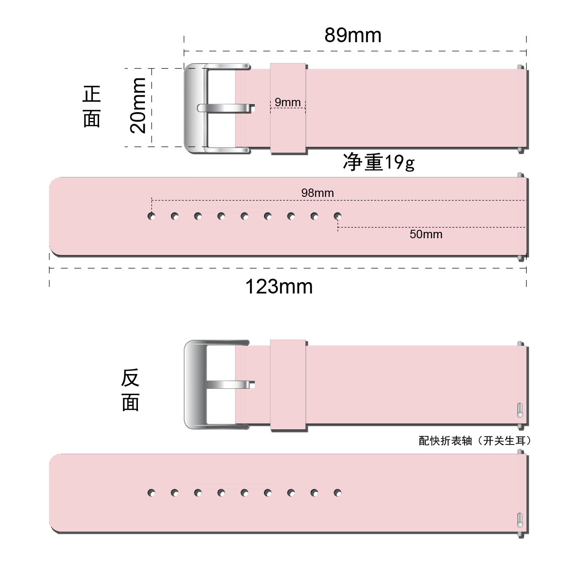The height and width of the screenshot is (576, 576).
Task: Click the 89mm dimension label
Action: pos(353,35)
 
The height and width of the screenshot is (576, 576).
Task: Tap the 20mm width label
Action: pos(138,105)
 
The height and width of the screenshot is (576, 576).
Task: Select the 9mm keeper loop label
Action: pos(288,102)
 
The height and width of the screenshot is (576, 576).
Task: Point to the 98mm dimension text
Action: pos(317,193)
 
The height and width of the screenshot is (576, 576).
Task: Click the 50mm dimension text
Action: pos(426,234)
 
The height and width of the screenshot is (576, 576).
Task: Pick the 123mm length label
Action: pos(279,287)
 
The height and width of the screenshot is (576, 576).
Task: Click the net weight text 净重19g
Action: pos(378,162)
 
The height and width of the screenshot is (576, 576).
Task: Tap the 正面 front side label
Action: pos(92,106)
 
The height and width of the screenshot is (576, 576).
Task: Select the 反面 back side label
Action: pos(130,390)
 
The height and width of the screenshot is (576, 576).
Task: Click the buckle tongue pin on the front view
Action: pos(226,108)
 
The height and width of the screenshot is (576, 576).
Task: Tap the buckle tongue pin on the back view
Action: pos(230,385)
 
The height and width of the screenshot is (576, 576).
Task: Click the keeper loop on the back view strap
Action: pos(288,385)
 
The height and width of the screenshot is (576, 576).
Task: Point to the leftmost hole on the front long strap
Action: pos(151,216)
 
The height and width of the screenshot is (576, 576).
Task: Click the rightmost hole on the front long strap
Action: pos(337,216)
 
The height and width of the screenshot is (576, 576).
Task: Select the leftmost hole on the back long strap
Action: pos(151,493)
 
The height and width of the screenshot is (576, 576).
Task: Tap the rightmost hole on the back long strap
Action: pos(337,493)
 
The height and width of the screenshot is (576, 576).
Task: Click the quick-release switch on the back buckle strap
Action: pos(520,410)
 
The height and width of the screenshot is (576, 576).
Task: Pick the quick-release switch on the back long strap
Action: pos(520,520)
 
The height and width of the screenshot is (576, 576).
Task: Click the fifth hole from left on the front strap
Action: pos(245,216)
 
